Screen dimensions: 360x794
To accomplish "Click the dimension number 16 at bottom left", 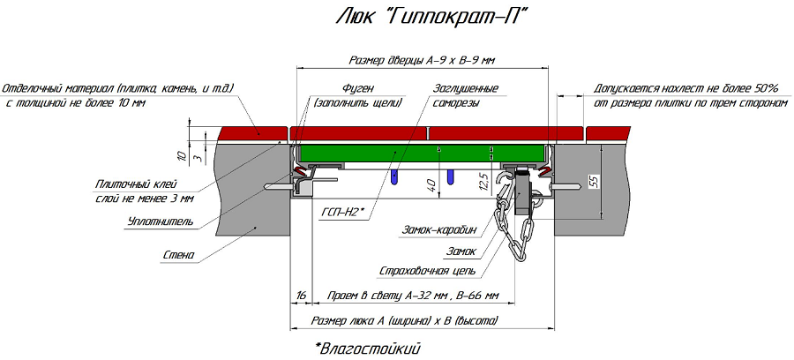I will point(302,295).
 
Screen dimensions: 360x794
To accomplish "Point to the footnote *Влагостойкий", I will point(367,348).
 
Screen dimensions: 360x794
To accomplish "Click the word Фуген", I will point(358,88).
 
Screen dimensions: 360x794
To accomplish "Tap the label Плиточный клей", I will point(131,184).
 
